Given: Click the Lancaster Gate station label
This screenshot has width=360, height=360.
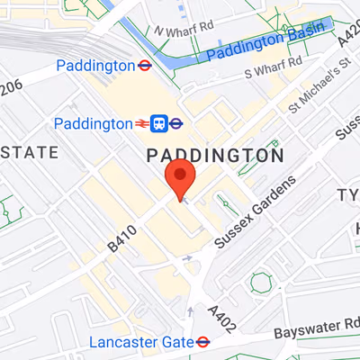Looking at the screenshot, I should tap(141, 342).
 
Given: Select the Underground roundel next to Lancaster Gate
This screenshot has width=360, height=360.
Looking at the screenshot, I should tap(203, 342).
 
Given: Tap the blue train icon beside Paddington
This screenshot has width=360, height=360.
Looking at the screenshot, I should tap(160, 122).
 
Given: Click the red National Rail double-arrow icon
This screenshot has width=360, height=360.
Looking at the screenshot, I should tap(141, 122).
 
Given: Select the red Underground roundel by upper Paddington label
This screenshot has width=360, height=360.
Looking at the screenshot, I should tap(143, 66).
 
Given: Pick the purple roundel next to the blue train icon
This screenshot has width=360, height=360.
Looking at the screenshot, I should tap(177, 122).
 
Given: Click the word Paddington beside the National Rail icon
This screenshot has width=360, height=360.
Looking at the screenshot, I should tap(92, 122).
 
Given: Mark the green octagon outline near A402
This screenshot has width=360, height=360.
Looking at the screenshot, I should tap(261, 283).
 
